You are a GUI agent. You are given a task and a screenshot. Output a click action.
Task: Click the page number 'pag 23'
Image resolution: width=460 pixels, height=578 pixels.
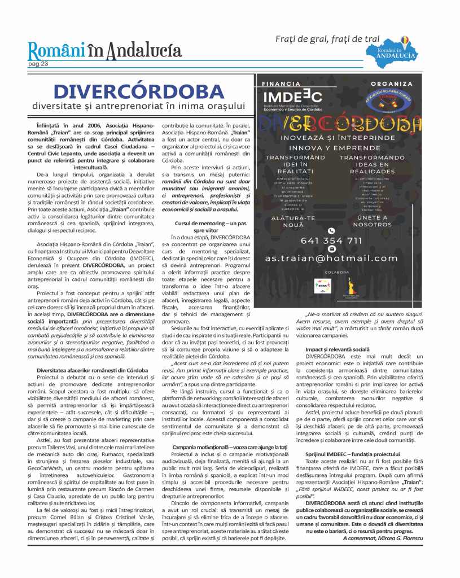tap(38, 64)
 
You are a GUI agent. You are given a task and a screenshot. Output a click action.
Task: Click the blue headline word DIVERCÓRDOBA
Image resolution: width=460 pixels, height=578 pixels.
tap(138, 90)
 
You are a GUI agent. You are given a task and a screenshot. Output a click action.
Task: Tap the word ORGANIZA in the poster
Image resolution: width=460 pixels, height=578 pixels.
tap(384, 84)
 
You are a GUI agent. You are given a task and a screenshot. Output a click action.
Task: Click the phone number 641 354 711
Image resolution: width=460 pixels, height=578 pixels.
tap(331, 240)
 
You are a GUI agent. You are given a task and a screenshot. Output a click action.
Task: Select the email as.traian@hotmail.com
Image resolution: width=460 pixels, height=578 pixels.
tap(332, 258)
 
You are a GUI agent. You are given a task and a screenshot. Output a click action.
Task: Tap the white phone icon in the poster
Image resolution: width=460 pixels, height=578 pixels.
tap(331, 230)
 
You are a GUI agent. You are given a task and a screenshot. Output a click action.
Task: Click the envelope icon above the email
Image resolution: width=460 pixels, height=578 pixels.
tap(331, 249)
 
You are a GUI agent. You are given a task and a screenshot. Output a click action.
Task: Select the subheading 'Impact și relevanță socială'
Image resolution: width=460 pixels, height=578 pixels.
tap(338, 349)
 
